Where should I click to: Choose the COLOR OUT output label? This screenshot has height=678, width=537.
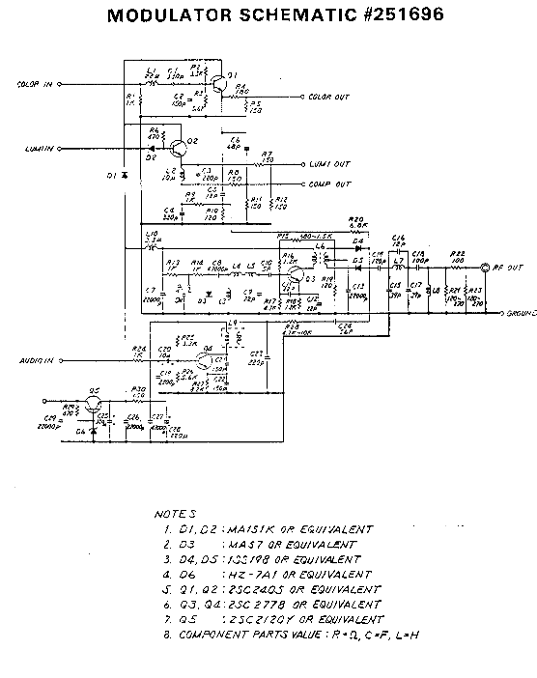(333, 97)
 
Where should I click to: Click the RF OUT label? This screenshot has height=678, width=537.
(511, 266)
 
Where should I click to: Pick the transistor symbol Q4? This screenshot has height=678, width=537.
(201, 361)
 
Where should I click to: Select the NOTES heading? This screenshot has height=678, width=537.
(175, 515)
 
